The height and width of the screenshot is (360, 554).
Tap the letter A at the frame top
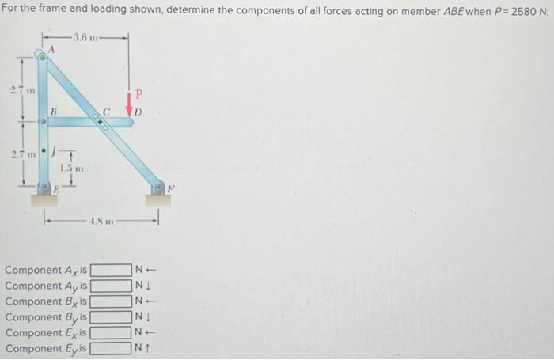click(x=51, y=49)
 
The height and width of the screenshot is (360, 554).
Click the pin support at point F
click(x=159, y=191)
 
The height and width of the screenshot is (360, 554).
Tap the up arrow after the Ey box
click(x=147, y=348)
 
